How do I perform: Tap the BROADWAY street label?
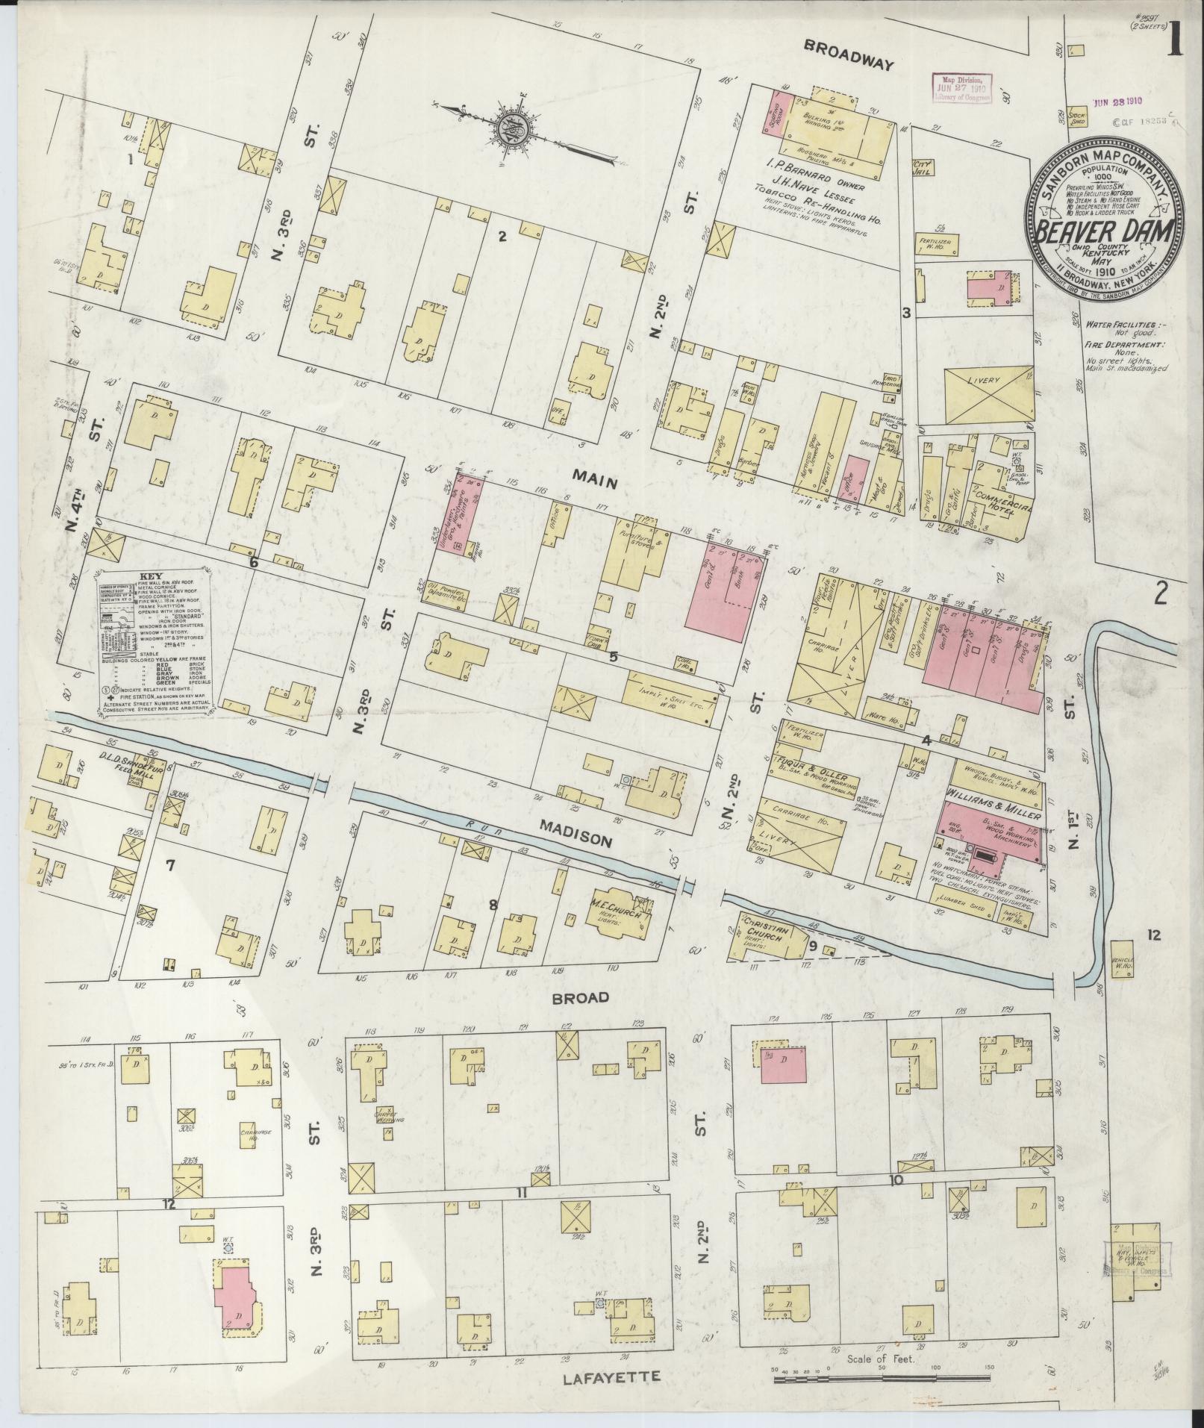(848, 66)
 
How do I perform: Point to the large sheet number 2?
(1160, 593)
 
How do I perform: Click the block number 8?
(493, 905)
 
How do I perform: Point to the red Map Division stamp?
(961, 87)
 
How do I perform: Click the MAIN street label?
(595, 483)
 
